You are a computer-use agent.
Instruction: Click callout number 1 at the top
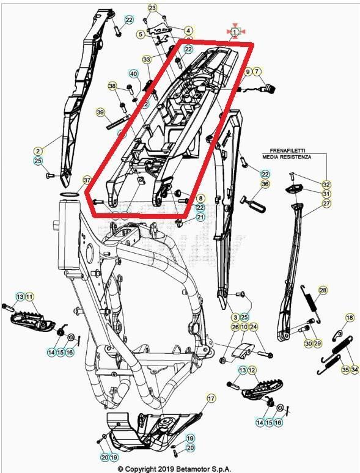click(x=235, y=31)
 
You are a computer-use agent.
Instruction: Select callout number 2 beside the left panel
click(x=38, y=150)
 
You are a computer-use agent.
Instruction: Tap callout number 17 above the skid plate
click(x=211, y=398)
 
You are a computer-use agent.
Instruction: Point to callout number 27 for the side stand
click(x=326, y=204)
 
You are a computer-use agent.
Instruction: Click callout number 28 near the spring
click(x=323, y=290)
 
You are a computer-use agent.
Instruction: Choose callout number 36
click(x=265, y=184)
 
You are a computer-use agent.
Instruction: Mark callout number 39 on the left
click(x=101, y=112)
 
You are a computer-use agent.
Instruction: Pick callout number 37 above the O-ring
click(x=87, y=180)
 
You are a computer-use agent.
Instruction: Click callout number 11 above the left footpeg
click(x=30, y=296)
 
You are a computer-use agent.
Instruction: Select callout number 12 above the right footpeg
click(x=252, y=370)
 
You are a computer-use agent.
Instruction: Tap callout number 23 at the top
click(x=152, y=8)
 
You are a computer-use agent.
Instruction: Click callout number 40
click(x=134, y=74)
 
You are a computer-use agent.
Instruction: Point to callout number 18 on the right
click(x=350, y=318)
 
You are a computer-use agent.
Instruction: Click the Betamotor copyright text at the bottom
click(x=175, y=468)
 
